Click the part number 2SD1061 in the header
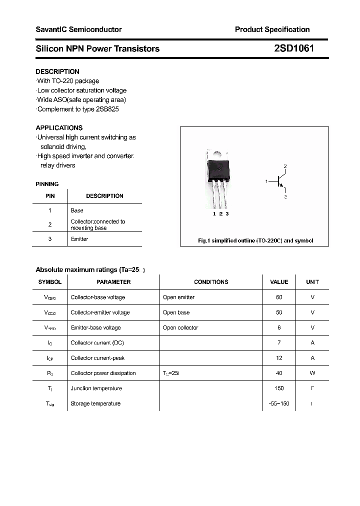[x=294, y=48]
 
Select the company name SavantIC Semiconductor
[x=78, y=29]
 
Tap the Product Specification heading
[x=272, y=29]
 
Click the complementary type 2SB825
[x=107, y=109]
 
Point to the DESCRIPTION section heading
[x=57, y=71]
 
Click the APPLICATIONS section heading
[x=59, y=127]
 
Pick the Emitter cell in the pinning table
[x=79, y=239]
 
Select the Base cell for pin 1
[x=77, y=210]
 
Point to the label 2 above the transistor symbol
[x=285, y=166]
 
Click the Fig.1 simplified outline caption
[x=255, y=240]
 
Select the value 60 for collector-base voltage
[x=279, y=297]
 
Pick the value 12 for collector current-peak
[x=279, y=358]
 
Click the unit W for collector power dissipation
[x=312, y=373]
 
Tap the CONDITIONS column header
[x=211, y=282]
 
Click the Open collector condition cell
[x=180, y=327]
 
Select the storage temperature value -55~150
[x=279, y=403]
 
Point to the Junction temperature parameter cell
[x=96, y=388]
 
